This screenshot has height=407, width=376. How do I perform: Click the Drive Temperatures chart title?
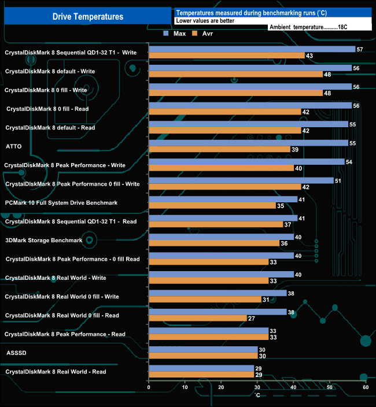point(88,17)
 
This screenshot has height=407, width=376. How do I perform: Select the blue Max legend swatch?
point(167,34)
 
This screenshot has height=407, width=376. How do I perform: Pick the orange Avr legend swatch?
point(195,34)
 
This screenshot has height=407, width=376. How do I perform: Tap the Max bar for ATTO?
point(248,143)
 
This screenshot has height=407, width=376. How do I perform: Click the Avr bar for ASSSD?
point(203,356)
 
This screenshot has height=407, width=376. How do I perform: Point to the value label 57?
point(360,49)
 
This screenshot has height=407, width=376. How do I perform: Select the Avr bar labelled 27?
point(198,318)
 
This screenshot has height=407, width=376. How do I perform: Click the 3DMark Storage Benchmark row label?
point(44,240)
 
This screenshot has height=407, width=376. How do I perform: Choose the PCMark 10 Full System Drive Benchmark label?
point(61,203)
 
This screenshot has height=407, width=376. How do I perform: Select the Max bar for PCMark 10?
point(223,199)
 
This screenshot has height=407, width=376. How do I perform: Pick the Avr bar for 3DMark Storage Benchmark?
point(214,243)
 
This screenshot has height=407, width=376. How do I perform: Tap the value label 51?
point(338,180)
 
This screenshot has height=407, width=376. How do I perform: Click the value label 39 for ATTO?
point(295,150)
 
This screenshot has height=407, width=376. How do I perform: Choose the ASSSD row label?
point(15,351)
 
